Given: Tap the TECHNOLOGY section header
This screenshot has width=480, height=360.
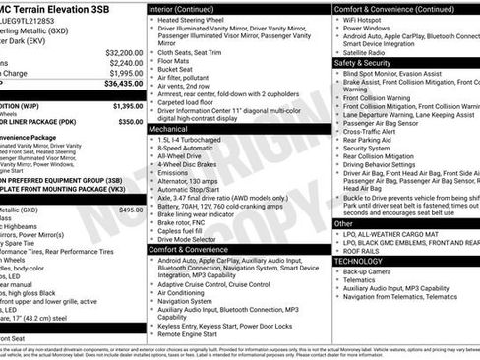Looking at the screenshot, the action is click(358, 261).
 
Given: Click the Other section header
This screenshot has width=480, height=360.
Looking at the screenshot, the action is click(344, 223).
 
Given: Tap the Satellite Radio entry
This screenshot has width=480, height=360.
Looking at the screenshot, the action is click(372, 52).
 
